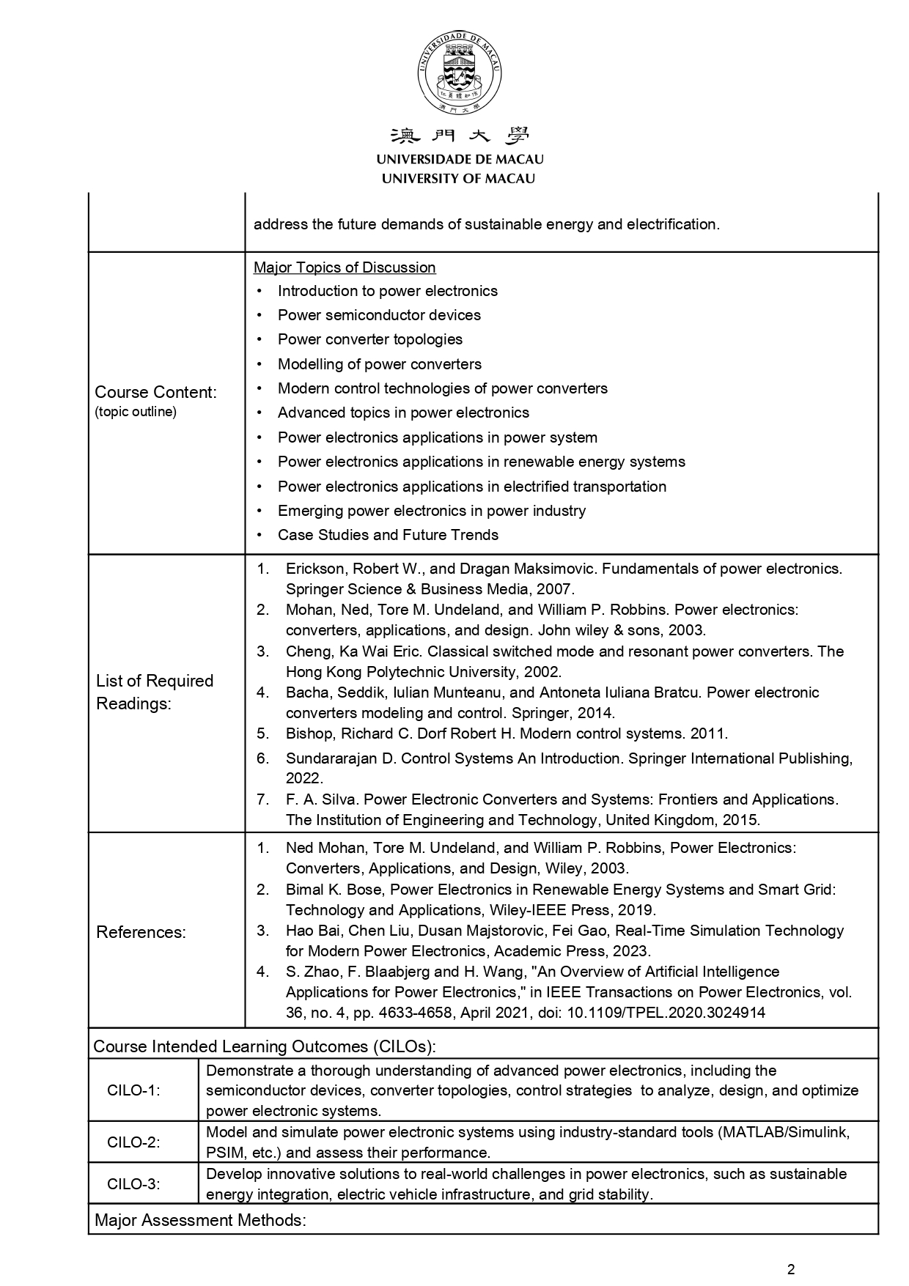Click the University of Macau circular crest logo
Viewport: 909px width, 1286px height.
point(460,73)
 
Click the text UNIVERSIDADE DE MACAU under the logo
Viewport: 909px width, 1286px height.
point(460,159)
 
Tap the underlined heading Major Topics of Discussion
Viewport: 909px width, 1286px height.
point(345,267)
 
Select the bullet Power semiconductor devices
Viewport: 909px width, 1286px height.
point(379,315)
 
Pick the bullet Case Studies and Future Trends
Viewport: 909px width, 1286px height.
point(388,535)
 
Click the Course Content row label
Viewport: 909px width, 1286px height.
point(156,392)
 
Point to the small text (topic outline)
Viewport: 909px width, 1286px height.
point(136,412)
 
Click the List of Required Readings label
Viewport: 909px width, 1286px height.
point(155,692)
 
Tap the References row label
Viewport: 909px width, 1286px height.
point(141,932)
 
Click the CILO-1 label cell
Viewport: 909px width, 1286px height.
point(133,1090)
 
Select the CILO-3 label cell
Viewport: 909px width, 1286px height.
point(133,1183)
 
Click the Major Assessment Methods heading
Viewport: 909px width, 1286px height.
point(200,1220)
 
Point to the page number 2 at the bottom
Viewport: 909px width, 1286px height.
point(790,1270)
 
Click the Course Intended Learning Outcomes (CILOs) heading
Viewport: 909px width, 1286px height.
point(265,1046)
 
